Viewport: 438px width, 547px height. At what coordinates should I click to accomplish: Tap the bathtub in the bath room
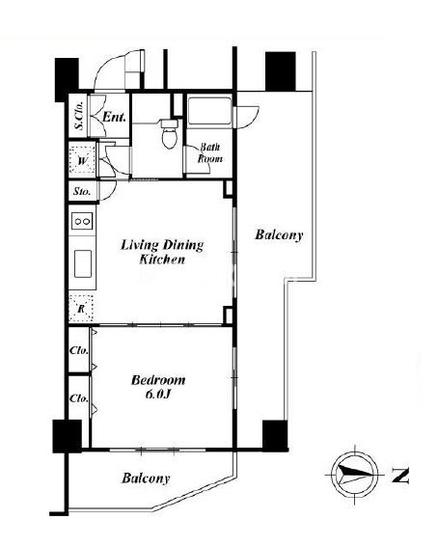(x=209, y=111)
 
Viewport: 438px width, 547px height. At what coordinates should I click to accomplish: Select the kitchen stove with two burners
(x=82, y=221)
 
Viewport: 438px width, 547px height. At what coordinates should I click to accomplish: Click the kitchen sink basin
(x=83, y=263)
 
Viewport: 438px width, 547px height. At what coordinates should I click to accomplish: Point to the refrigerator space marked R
(x=81, y=309)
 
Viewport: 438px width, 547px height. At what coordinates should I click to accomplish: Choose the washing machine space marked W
(x=82, y=161)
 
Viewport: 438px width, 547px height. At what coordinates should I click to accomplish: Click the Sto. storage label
(x=82, y=191)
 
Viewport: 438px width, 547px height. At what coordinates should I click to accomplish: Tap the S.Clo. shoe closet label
(x=80, y=115)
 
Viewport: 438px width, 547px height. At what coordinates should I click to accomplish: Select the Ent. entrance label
(x=114, y=117)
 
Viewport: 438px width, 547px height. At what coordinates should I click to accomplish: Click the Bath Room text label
(x=210, y=152)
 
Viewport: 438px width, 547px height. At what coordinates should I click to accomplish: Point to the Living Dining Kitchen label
(x=162, y=252)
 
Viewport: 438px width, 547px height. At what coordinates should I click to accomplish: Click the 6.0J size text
(x=157, y=395)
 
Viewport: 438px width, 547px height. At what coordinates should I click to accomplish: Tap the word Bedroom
(x=158, y=380)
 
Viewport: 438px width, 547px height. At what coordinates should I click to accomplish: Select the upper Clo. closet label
(x=79, y=350)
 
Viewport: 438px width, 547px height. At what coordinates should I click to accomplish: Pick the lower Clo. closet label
(x=79, y=398)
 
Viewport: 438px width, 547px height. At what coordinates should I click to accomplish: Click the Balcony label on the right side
(x=279, y=234)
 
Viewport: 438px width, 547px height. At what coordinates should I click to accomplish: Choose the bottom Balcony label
(x=146, y=478)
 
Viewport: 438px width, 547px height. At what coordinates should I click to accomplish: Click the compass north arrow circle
(x=354, y=475)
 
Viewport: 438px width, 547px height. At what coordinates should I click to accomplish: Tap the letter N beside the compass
(x=400, y=475)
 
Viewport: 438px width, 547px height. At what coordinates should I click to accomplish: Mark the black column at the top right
(x=281, y=71)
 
